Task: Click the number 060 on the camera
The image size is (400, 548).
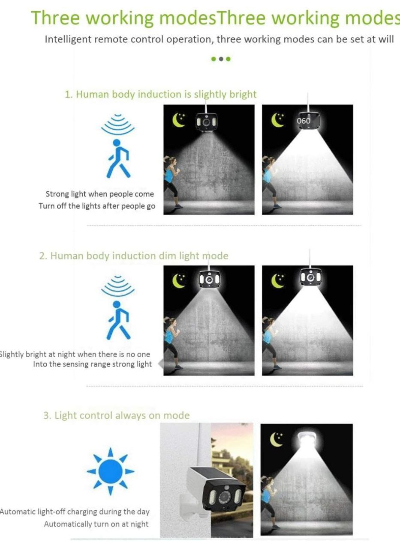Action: (303, 121)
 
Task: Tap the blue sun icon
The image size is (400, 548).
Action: (111, 471)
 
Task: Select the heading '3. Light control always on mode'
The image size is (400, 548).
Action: (116, 415)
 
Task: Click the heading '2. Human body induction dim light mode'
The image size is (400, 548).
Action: (134, 256)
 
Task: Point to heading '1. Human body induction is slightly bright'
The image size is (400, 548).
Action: (160, 94)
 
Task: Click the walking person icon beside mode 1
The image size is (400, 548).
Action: (117, 158)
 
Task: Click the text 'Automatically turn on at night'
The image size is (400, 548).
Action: (96, 524)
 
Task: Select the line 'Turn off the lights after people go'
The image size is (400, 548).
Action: (97, 206)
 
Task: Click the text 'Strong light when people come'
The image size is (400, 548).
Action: (99, 194)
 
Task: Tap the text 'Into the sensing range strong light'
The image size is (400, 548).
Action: (92, 364)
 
